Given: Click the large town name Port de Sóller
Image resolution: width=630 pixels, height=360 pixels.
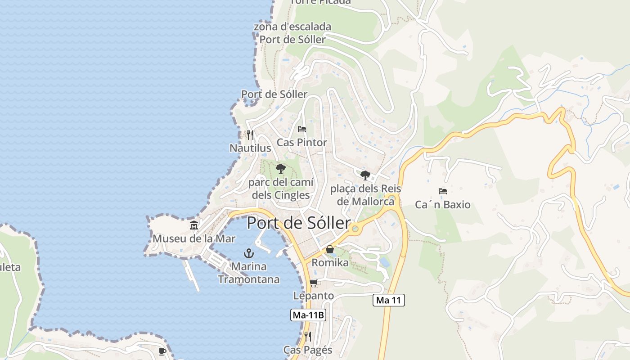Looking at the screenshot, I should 299,223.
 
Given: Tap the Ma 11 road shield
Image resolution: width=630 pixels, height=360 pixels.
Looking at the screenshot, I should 389,300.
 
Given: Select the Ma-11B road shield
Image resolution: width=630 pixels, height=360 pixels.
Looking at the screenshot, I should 308,315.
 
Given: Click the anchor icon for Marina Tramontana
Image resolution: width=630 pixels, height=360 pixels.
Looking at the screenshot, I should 249,253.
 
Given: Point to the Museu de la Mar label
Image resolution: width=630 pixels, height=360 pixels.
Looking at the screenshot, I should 194,238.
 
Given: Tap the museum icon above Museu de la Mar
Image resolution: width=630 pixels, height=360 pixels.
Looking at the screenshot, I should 194,225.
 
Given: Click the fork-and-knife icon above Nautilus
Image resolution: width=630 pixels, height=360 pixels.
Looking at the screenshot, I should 250,135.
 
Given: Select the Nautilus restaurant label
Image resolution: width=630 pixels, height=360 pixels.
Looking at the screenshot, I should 250,148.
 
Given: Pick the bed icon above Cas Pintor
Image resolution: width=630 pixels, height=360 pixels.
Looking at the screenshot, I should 302,129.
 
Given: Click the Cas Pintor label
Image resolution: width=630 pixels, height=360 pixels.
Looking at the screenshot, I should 302,143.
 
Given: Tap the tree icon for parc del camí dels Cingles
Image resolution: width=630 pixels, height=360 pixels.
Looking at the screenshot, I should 280,169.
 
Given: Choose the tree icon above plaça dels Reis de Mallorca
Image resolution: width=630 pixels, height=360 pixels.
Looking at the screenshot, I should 365,175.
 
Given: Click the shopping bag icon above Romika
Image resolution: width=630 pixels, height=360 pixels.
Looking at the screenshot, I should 330,249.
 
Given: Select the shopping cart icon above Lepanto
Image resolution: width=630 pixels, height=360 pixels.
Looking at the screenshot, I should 314,283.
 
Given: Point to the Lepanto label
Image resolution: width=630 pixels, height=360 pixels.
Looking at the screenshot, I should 314,296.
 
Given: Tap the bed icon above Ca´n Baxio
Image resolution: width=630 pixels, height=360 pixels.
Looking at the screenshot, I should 443,191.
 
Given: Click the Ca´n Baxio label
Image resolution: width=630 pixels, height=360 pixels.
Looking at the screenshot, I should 443,205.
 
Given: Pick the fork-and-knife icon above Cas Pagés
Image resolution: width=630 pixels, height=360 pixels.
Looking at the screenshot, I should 308,336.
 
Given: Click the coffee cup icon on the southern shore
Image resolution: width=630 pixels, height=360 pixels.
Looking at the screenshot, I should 162,351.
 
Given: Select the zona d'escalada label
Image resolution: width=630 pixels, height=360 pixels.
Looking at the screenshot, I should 292,27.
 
